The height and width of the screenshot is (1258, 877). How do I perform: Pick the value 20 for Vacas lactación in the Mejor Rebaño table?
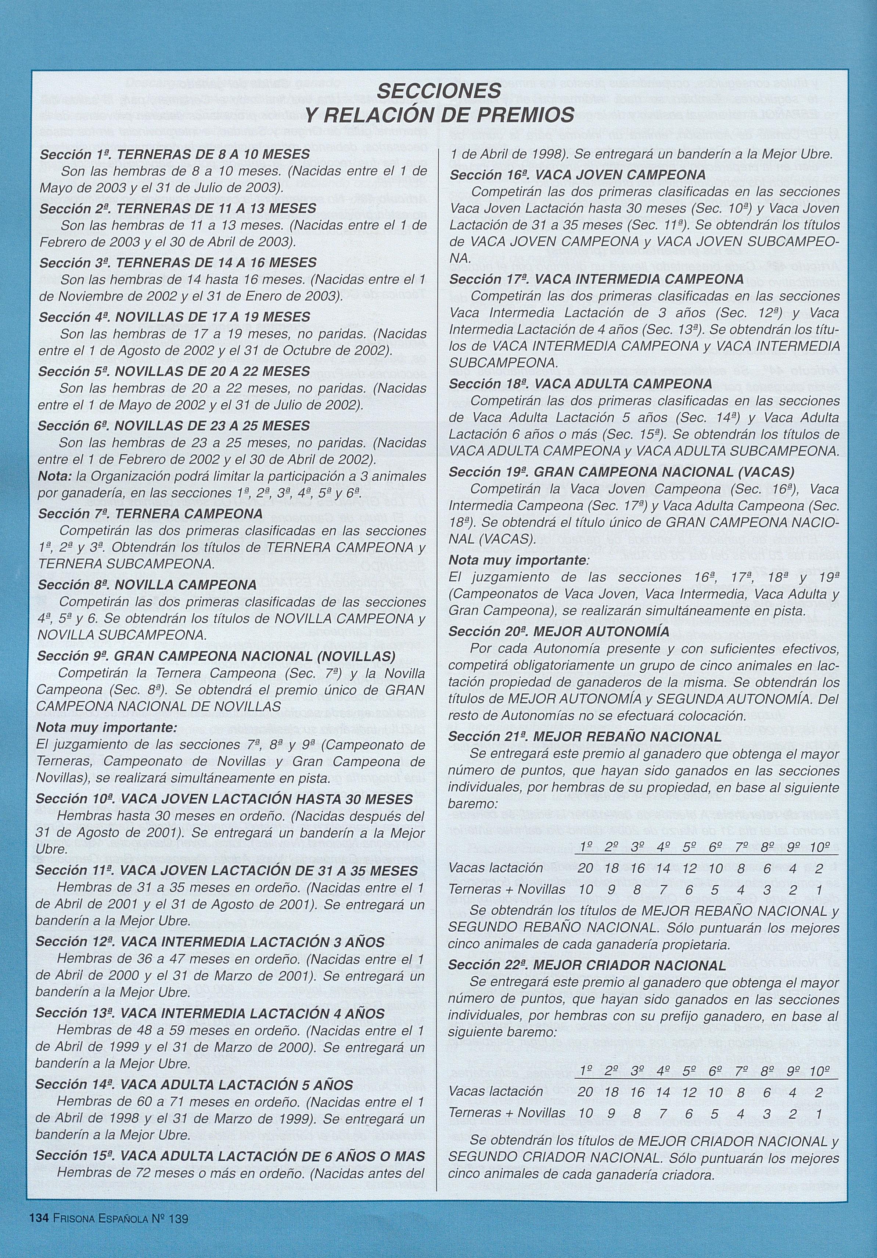(585, 868)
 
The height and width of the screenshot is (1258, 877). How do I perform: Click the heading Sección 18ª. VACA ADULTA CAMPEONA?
(580, 384)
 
